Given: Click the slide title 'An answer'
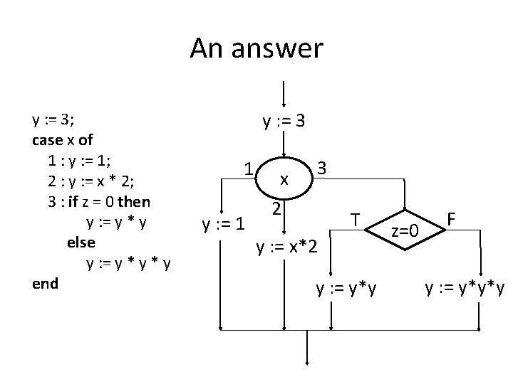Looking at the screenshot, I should coord(256,49).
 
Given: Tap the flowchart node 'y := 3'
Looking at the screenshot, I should coord(284,122).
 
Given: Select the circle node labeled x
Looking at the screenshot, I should coord(284,180).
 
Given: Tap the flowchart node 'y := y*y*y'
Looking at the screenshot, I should coord(465,288).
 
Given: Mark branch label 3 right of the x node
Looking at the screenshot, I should coord(322,169).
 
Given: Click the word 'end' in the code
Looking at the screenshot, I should coord(45,283).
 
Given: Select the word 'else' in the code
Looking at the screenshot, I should coord(80,242).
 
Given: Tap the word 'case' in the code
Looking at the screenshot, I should coord(48,139).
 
